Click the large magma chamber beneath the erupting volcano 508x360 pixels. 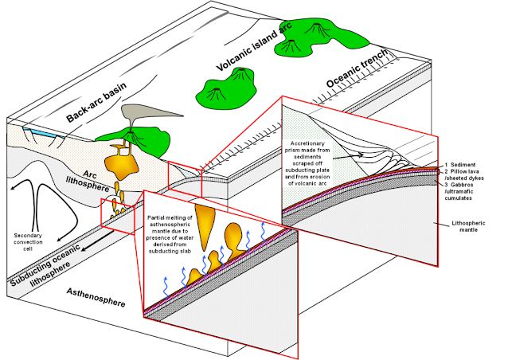click(x=126, y=162)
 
